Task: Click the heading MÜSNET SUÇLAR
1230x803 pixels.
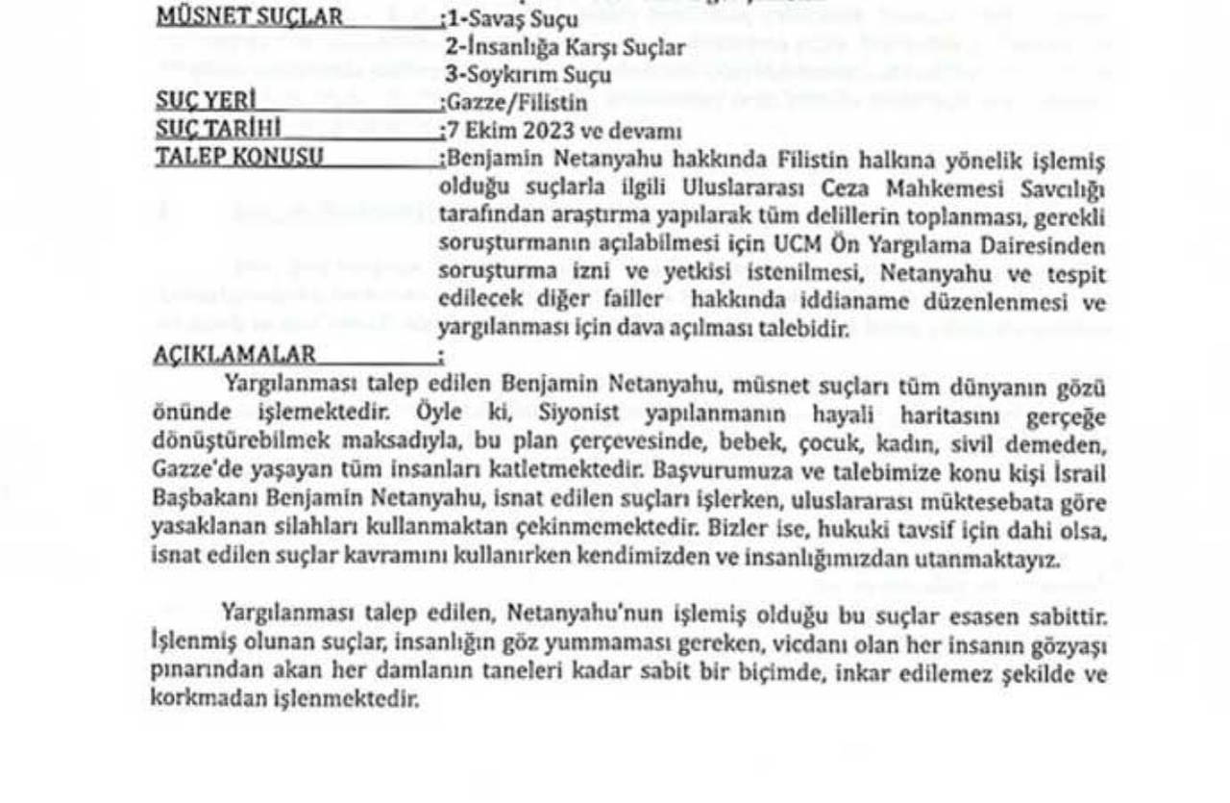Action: click(x=248, y=17)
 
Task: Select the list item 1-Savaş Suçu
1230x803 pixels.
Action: click(x=513, y=19)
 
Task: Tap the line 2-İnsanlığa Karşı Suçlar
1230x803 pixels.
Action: click(x=567, y=47)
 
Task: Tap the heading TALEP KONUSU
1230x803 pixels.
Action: click(x=239, y=157)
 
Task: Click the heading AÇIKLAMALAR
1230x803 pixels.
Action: click(x=234, y=355)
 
